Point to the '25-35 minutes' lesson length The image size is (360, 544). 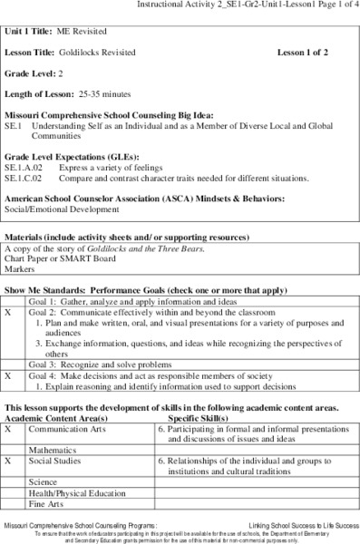tap(103, 93)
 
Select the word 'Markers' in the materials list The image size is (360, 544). tap(20, 269)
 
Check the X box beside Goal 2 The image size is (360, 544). tap(8, 311)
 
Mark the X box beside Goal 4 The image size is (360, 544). tap(8, 374)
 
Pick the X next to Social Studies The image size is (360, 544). tap(8, 461)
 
